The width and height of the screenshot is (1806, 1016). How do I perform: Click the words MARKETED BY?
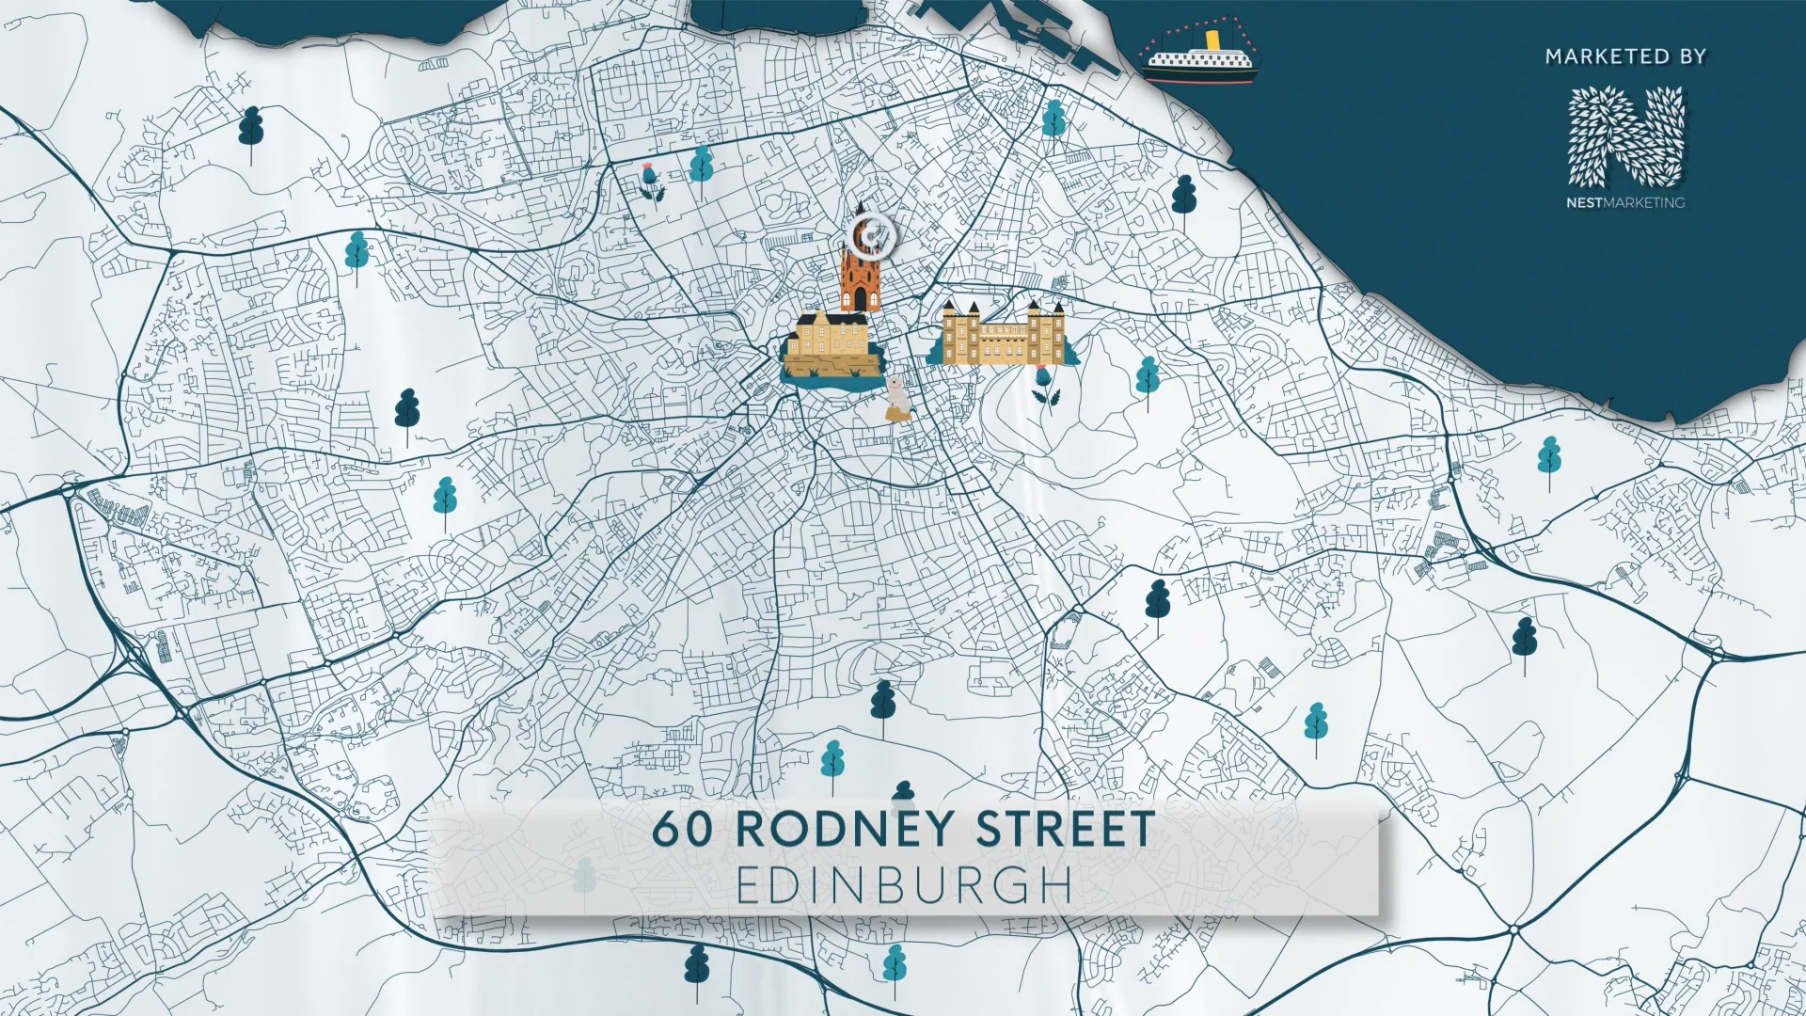coord(1624,57)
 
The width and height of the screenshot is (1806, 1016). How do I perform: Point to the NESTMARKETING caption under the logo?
coord(1624,202)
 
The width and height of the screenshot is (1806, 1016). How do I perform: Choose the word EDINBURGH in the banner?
coord(903,885)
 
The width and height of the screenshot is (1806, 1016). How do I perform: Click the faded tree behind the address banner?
coord(585,875)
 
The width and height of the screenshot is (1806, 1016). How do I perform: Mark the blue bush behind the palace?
coord(934,355)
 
